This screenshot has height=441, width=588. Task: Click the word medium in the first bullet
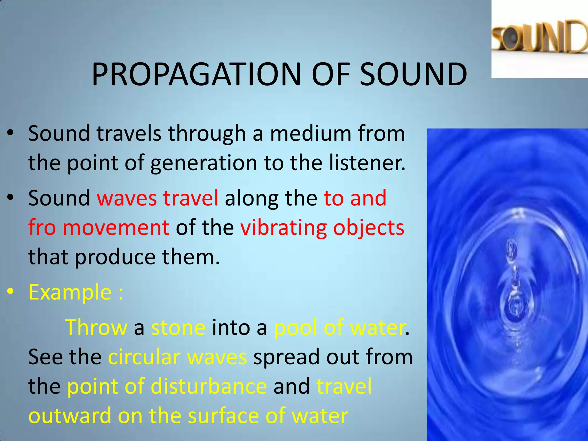310,134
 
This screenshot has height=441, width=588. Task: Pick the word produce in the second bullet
115,257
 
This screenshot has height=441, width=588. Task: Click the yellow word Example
70,292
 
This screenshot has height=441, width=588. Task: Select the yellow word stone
178,327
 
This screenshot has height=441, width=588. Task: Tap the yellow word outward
70,416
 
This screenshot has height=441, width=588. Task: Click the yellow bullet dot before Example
11,292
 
